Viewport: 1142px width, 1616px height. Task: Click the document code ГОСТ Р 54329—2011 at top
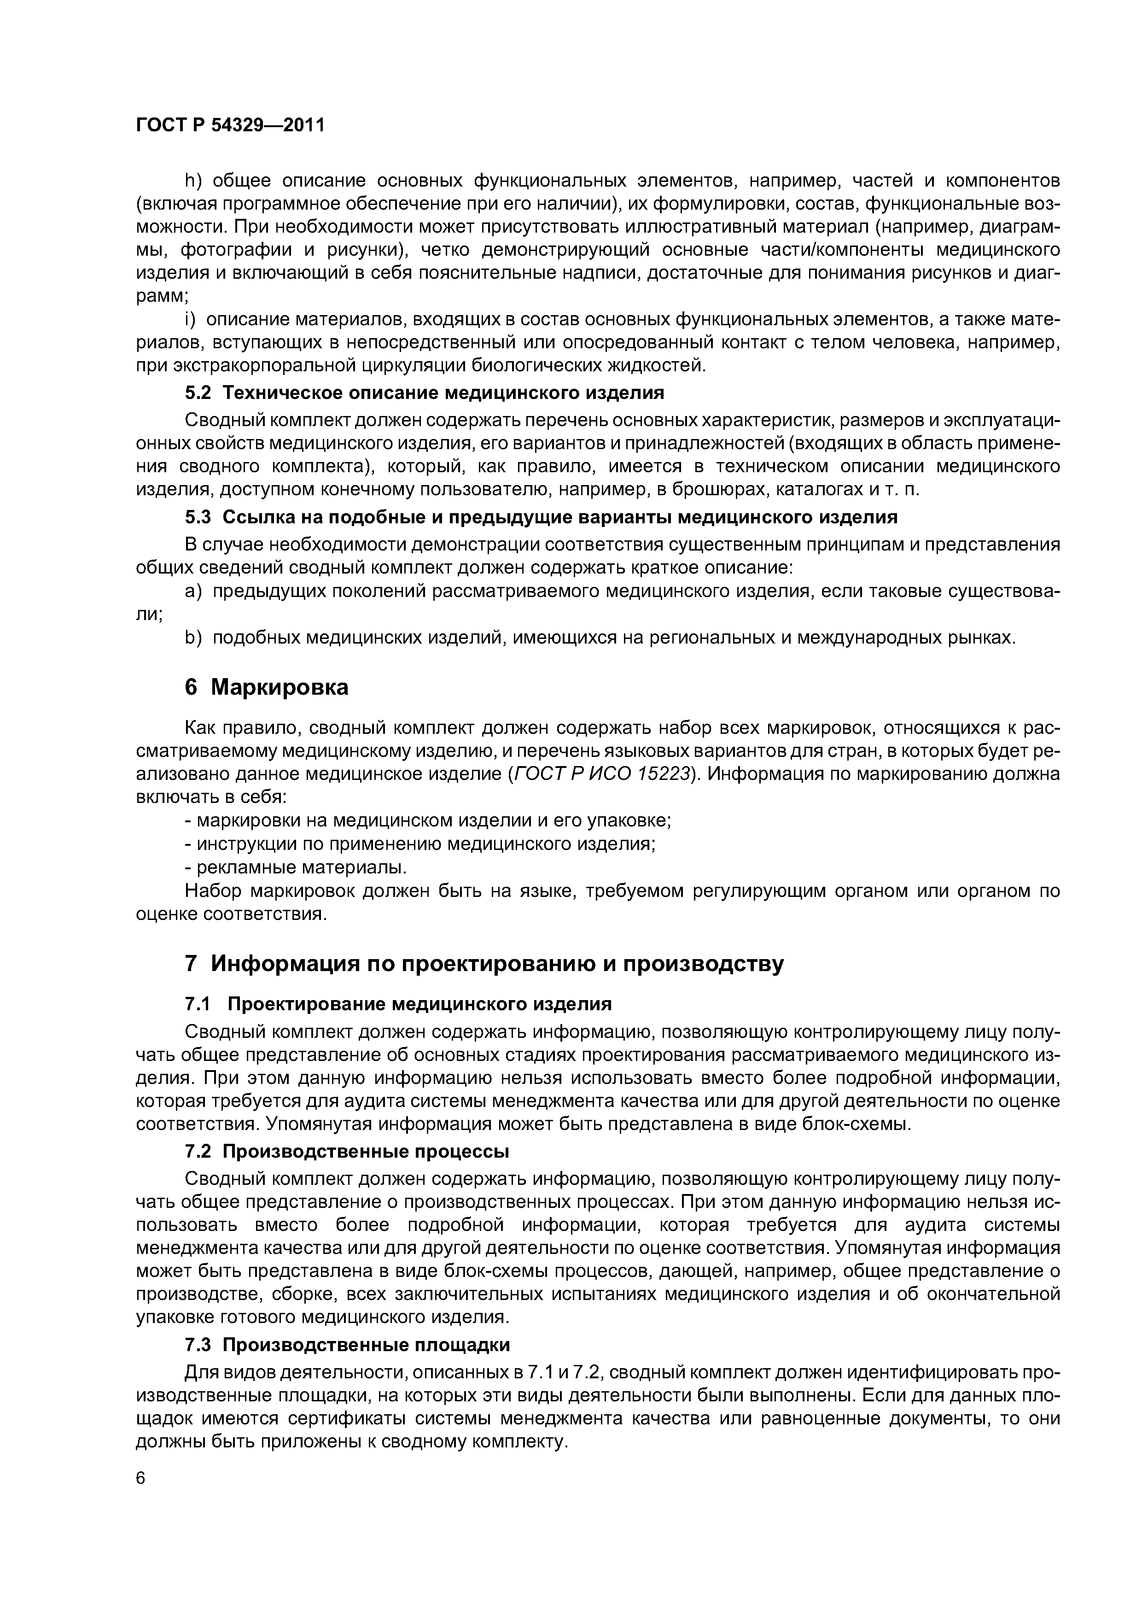[230, 125]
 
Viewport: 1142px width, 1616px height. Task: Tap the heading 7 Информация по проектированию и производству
[484, 964]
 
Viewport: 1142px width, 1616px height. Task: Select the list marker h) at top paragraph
[193, 181]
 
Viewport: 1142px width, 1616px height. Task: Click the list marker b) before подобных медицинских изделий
[193, 638]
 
